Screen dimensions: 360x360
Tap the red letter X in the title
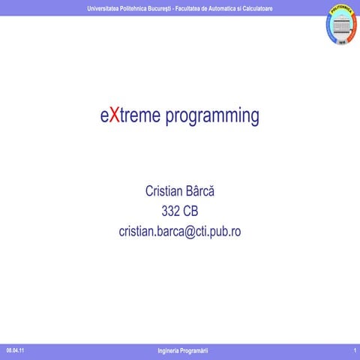112,116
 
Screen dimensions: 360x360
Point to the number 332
171,211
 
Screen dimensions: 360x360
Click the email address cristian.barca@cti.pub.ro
180,232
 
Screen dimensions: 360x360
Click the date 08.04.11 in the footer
15,351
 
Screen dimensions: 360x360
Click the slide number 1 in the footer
353,351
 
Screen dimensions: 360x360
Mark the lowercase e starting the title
104,117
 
